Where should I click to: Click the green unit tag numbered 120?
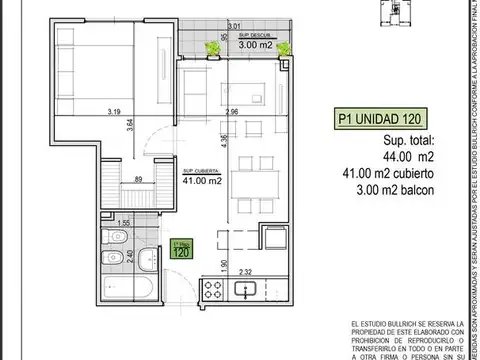click(x=181, y=248)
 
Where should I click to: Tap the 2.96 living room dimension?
click(x=232, y=111)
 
